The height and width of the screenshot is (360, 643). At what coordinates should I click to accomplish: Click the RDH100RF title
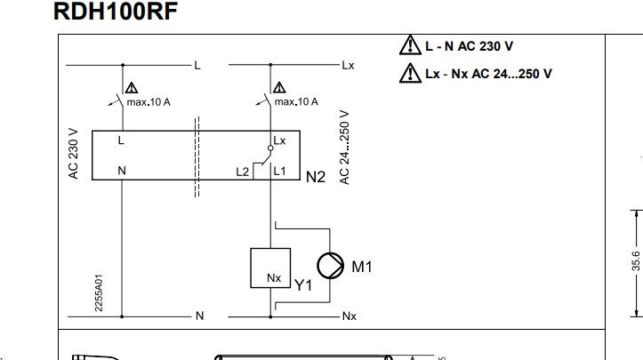116,11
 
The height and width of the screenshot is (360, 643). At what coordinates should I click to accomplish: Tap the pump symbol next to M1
330,266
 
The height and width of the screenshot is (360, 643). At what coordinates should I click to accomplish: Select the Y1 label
303,285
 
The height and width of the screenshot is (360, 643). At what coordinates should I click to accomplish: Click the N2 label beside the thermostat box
316,177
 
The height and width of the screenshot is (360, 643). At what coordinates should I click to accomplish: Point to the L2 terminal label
243,172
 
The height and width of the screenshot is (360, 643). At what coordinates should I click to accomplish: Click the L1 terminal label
279,171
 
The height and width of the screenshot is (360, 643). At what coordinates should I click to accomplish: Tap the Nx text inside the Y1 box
274,278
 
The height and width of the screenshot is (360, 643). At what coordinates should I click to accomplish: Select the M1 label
362,267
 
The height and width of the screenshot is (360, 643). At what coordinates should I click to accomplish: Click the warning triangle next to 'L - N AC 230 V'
410,45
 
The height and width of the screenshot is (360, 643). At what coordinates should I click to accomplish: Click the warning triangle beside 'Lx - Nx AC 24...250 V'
410,74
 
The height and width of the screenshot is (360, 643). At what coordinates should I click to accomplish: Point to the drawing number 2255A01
99,292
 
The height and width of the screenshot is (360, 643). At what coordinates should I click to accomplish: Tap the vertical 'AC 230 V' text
74,154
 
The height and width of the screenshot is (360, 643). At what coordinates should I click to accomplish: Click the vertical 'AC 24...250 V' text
345,148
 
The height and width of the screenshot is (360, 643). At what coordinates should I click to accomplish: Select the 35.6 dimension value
636,260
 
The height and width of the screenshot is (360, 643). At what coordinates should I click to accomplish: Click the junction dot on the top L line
123,65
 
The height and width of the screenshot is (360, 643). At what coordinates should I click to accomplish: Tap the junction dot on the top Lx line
270,65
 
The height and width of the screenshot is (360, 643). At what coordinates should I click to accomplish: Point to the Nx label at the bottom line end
350,316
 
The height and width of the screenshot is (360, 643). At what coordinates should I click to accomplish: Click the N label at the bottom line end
200,316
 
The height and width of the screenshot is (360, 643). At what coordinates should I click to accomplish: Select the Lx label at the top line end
348,66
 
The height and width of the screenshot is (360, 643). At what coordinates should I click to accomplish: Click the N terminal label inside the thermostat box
122,171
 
